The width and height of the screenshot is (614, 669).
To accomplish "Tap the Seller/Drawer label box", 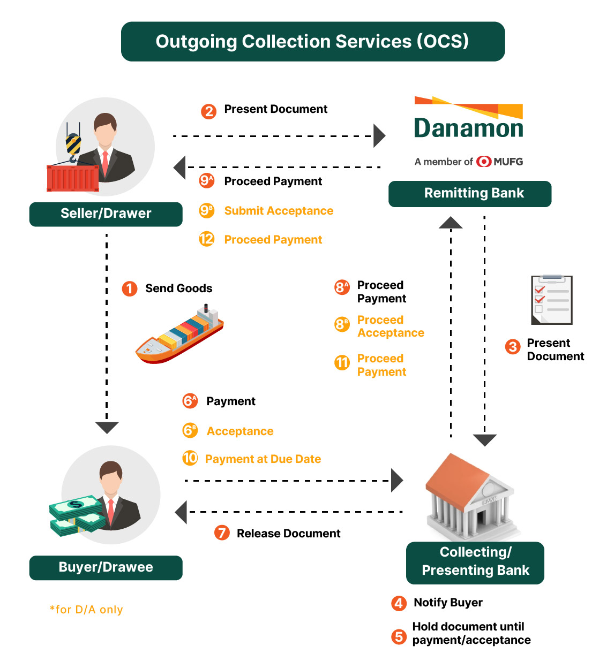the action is coord(106,214).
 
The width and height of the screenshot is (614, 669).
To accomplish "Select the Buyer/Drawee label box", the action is coord(106,568).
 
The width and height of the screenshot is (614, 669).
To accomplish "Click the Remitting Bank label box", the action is coord(470,194).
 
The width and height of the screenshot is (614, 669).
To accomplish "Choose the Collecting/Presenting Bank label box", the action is coord(475,563).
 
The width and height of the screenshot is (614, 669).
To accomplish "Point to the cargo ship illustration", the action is coord(179,334).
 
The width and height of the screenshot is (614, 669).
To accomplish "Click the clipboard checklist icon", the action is coord(551,300).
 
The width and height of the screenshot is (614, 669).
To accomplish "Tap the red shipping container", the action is coord(73,178).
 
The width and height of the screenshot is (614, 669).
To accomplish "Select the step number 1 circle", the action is coord(130,288).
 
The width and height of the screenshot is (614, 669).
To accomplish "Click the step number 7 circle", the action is coord(222,533).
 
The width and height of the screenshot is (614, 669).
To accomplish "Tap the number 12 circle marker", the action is coord(207,239).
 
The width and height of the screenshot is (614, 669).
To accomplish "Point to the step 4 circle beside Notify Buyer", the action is coord(399,603).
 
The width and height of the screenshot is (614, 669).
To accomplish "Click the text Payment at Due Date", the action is coord(263,459).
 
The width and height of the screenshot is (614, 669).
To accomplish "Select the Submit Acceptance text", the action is coord(279,211).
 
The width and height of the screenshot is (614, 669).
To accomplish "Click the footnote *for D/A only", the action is coord(86,609).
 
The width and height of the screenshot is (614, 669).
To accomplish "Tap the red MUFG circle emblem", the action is coord(483,162).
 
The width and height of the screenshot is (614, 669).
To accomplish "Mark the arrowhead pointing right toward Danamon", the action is coord(379,136).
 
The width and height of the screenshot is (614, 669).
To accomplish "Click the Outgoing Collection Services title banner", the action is coord(313,42).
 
